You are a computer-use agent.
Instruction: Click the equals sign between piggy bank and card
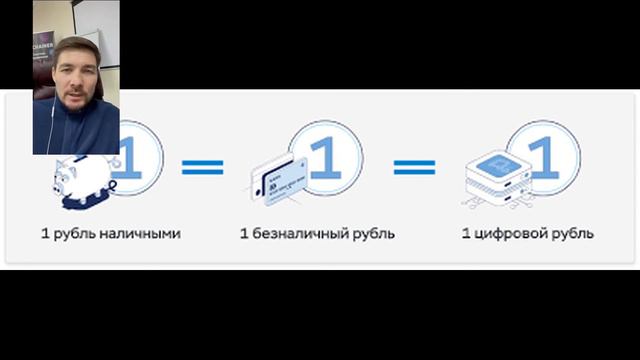202,166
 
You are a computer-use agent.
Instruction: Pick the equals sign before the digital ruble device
414,166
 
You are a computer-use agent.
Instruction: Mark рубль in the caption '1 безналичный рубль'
373,234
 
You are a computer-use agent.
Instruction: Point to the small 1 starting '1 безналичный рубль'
243,234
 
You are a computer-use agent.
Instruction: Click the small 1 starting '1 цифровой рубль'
465,234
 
